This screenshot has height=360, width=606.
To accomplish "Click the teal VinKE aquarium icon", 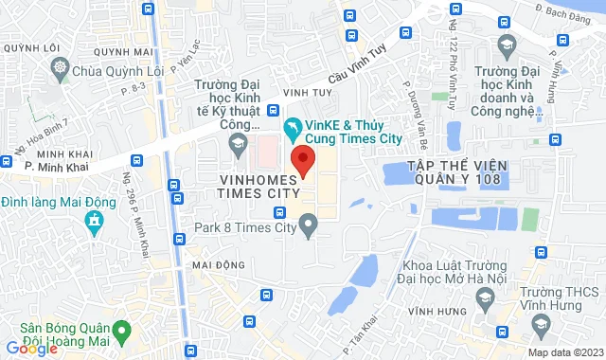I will pyautogui.click(x=294, y=125).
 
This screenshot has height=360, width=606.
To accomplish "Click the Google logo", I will pyautogui.click(x=31, y=348).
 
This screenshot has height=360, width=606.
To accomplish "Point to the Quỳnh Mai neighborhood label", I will pyautogui.click(x=131, y=53).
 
